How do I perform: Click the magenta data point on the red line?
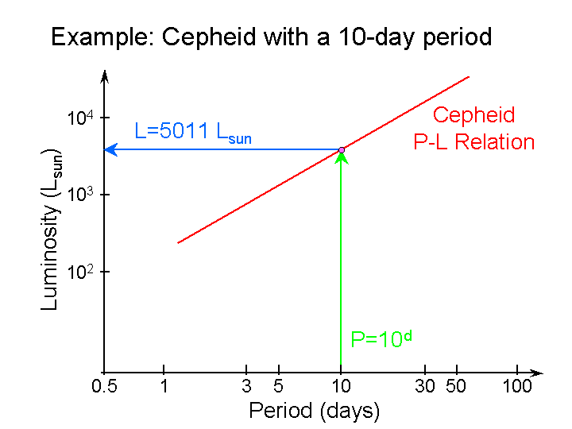[x=342, y=149]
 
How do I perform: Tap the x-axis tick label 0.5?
[x=104, y=387]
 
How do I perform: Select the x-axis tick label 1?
[x=164, y=387]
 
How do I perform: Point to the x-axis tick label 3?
[x=247, y=387]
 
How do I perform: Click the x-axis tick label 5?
[x=278, y=387]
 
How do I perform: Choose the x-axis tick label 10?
[x=341, y=387]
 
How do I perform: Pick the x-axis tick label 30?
[x=426, y=387]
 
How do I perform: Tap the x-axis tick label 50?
[x=456, y=387]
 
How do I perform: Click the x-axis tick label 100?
[x=516, y=387]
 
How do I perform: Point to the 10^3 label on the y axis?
[x=80, y=195]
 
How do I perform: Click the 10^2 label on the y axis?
[x=80, y=272]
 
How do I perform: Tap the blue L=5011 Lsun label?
[x=193, y=133]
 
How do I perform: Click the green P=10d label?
[x=381, y=339]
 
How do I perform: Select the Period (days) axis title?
[x=314, y=412]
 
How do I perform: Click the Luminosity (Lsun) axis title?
[x=52, y=228]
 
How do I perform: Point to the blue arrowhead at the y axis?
[x=111, y=149]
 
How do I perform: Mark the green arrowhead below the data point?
[x=341, y=157]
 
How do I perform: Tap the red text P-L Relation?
[x=473, y=142]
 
